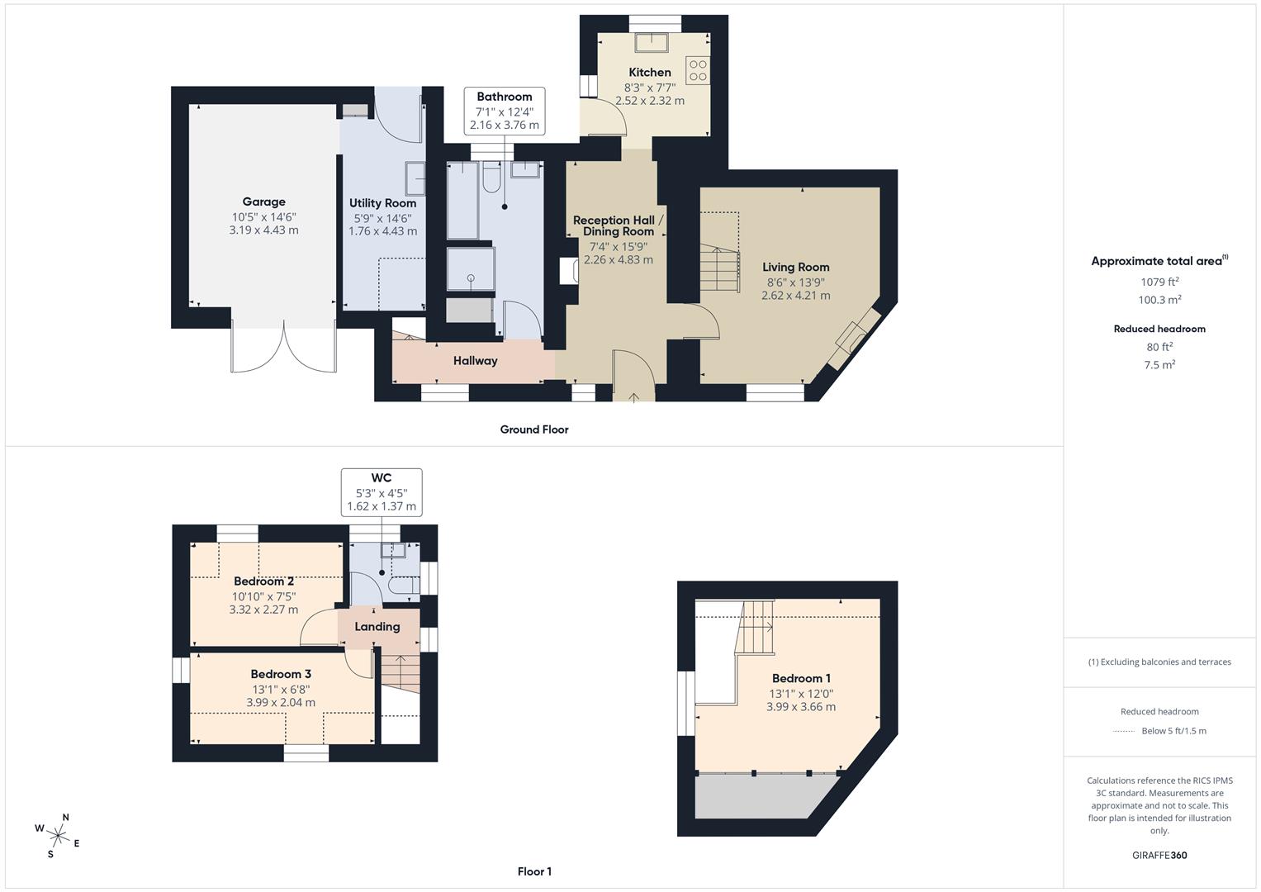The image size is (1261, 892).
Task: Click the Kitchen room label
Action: [649, 72]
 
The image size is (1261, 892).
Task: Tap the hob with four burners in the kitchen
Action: [697, 69]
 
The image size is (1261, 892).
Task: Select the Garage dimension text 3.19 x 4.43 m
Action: [263, 230]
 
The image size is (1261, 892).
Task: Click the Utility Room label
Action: [382, 203]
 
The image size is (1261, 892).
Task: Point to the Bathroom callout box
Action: [504, 111]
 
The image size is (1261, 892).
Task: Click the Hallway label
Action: [475, 361]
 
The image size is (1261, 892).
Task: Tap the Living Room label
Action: [795, 267]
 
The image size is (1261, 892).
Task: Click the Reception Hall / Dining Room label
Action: [618, 225]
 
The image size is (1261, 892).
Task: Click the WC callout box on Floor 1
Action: [381, 492]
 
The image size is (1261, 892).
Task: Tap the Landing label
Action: [377, 627]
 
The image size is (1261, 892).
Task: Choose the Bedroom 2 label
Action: [263, 581]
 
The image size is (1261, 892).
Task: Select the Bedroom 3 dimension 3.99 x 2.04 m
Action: [281, 703]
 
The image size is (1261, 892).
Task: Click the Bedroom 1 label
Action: [801, 678]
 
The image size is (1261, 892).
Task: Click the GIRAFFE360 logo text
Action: [1159, 855]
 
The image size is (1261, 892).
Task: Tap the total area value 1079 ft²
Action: [1159, 282]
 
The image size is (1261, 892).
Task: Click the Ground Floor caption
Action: [534, 429]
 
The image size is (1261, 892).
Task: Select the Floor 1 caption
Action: [534, 871]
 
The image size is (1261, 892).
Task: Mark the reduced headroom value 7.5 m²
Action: [1159, 365]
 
